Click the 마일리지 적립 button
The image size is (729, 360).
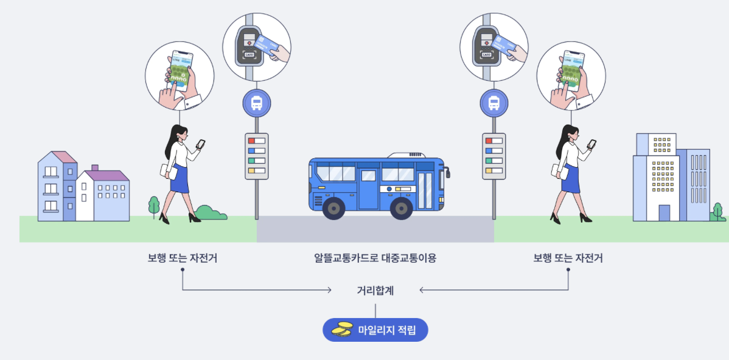tap(375, 330)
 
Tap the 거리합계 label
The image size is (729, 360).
tap(375, 291)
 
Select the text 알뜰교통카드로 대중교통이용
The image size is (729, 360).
tap(375, 258)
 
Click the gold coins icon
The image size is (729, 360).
tap(342, 330)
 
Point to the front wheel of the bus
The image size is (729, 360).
tap(401, 208)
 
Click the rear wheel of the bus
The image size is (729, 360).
tap(333, 208)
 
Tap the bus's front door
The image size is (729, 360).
tap(426, 190)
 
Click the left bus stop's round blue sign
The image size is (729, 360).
tap(257, 103)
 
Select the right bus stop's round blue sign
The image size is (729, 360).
tap(494, 103)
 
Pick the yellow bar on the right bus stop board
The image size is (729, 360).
tap(489, 170)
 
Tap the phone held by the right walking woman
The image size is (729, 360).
tap(591, 144)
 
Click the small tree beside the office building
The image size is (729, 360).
tap(718, 210)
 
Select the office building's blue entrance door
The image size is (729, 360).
tap(664, 213)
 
